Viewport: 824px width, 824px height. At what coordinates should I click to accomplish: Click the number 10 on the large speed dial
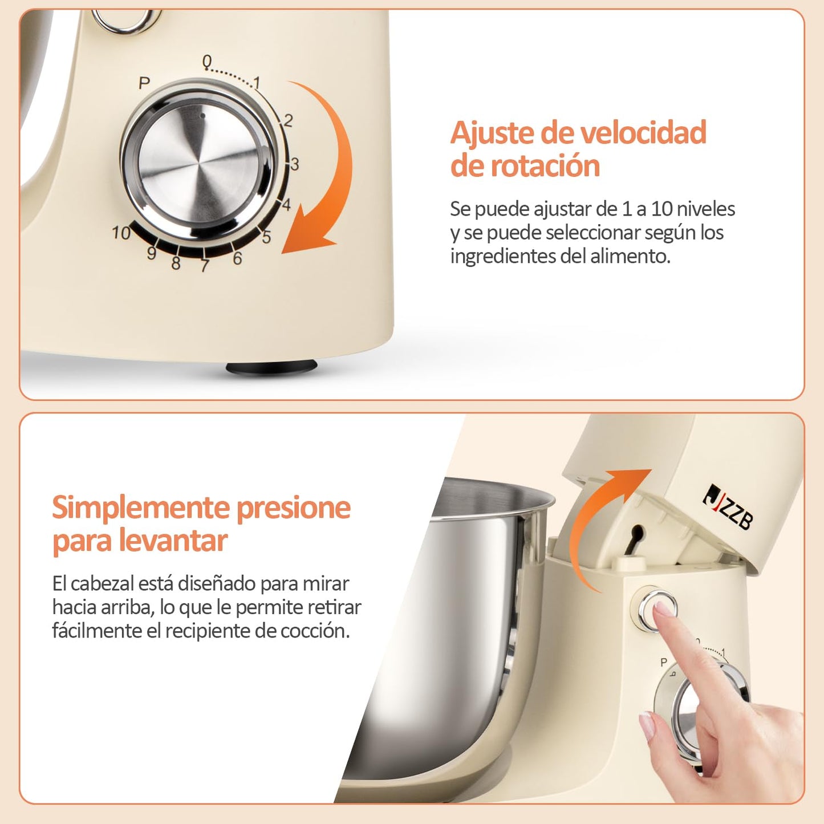[121, 233]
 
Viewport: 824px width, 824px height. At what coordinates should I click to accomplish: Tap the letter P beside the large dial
[144, 83]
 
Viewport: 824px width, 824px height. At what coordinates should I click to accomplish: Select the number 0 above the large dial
[207, 62]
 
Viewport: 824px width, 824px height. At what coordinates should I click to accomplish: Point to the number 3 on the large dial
[295, 164]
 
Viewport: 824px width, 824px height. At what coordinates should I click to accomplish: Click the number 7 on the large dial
[205, 266]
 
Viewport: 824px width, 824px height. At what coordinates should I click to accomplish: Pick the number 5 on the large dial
[266, 237]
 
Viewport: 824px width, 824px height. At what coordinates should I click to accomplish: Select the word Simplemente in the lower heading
[141, 509]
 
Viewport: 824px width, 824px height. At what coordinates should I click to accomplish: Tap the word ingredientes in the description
[496, 257]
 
